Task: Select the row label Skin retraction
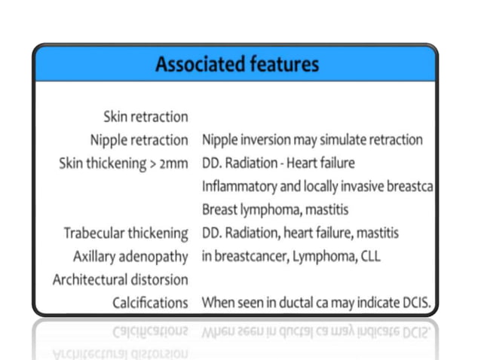(145, 117)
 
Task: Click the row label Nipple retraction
(139, 140)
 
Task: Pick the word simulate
(346, 140)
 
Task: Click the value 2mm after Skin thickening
(173, 163)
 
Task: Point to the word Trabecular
(96, 233)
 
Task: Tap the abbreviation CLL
(369, 256)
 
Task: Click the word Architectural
(85, 279)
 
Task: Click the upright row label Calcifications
(150, 303)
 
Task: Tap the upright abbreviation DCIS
(414, 303)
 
